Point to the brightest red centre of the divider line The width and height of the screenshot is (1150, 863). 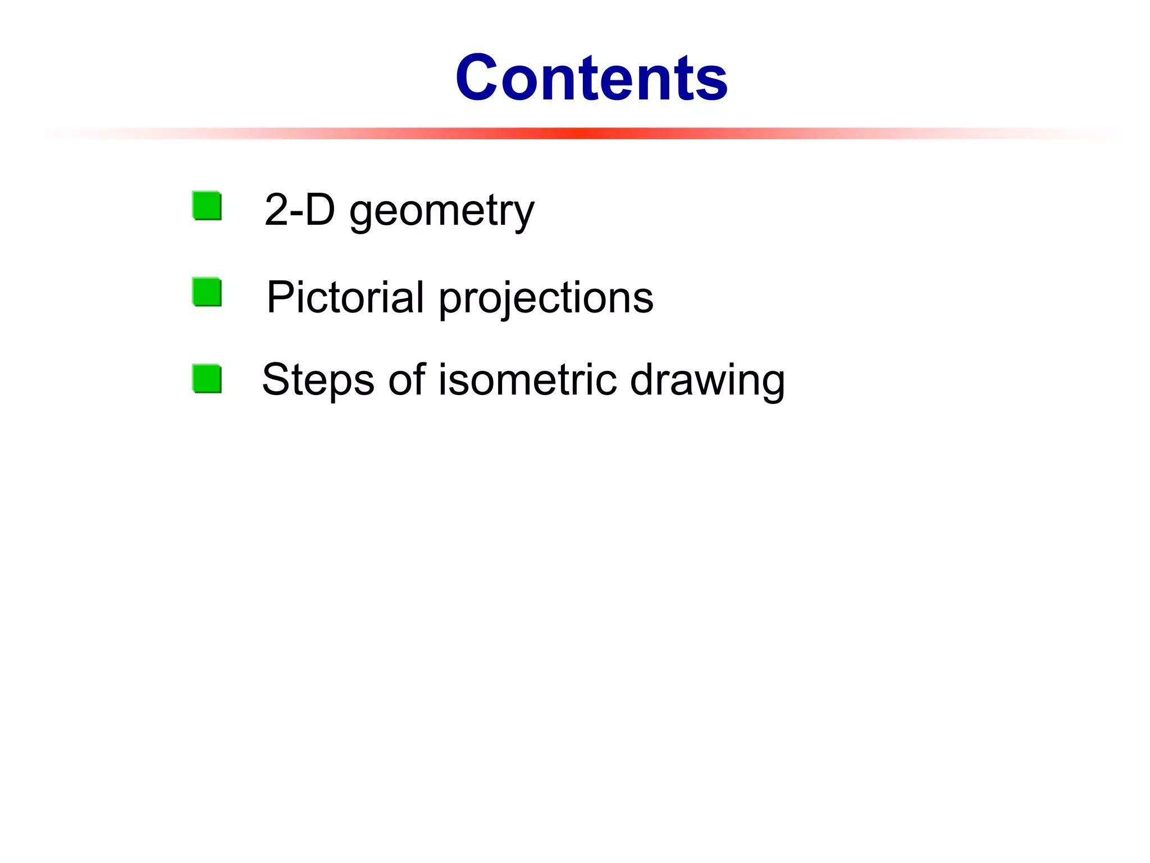click(578, 133)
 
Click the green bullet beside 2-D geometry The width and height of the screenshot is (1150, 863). click(207, 206)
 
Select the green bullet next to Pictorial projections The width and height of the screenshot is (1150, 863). click(207, 292)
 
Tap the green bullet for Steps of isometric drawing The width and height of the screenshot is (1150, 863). click(207, 379)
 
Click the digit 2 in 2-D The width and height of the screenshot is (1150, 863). click(276, 210)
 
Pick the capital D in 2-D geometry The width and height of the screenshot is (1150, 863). click(320, 210)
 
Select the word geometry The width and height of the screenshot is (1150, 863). click(441, 212)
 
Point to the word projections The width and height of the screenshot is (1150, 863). click(546, 299)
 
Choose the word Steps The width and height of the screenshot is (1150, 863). click(318, 381)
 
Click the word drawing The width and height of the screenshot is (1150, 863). click(707, 382)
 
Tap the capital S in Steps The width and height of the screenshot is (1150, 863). click(277, 379)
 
